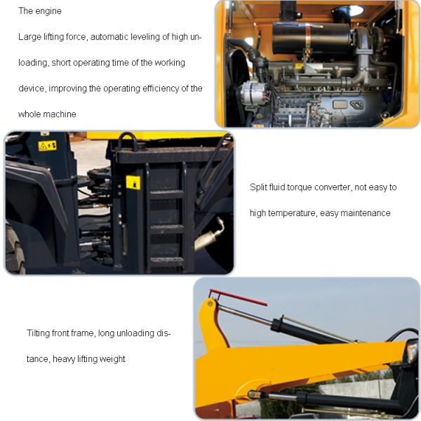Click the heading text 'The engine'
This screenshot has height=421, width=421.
point(40,11)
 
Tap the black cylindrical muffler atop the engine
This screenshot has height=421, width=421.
point(312,38)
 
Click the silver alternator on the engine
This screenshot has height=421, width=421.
point(253,93)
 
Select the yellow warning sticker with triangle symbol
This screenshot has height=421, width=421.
point(48,146)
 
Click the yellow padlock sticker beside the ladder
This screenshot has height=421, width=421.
point(133,182)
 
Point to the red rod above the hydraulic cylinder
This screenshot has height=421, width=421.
point(238,298)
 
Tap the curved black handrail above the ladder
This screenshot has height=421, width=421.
point(128,141)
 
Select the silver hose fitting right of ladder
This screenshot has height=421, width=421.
point(209,235)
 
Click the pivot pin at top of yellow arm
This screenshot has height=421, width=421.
point(210,304)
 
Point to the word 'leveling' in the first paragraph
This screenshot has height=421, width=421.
point(145,36)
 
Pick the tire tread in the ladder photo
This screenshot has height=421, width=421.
point(15,251)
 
